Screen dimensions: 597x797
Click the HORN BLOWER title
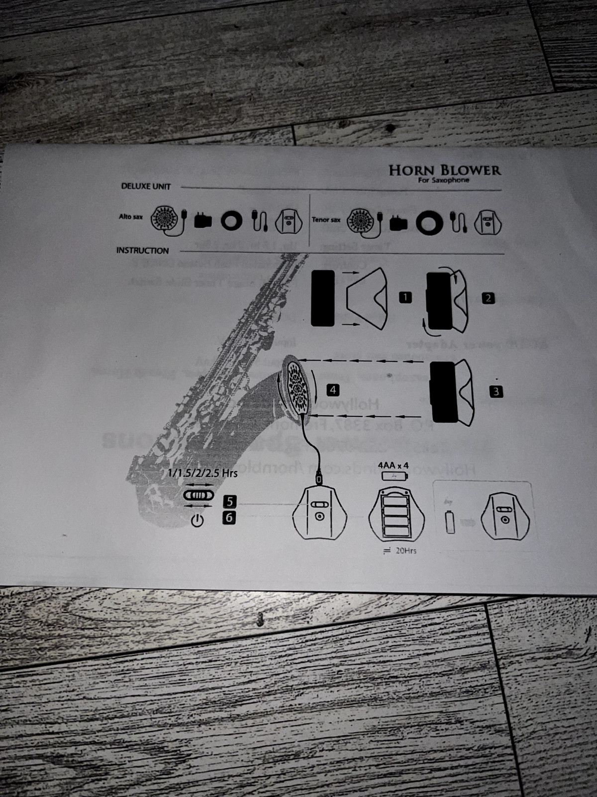click(444, 170)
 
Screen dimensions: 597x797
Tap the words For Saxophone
click(443, 180)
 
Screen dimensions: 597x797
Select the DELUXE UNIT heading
click(146, 186)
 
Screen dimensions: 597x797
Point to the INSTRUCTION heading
click(142, 251)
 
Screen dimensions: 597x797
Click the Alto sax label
click(130, 217)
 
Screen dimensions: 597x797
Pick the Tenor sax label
click(326, 220)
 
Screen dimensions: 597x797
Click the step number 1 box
click(405, 298)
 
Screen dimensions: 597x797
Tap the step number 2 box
click(488, 298)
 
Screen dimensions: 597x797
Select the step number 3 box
click(496, 392)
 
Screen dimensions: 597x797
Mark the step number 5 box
click(229, 501)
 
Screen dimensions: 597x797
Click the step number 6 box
click(229, 518)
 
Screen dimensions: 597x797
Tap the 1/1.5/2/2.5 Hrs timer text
click(202, 473)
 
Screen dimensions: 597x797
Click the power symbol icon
click(198, 521)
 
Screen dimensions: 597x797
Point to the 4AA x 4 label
click(393, 466)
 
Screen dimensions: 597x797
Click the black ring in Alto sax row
click(232, 221)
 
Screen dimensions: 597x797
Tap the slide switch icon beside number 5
click(199, 495)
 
